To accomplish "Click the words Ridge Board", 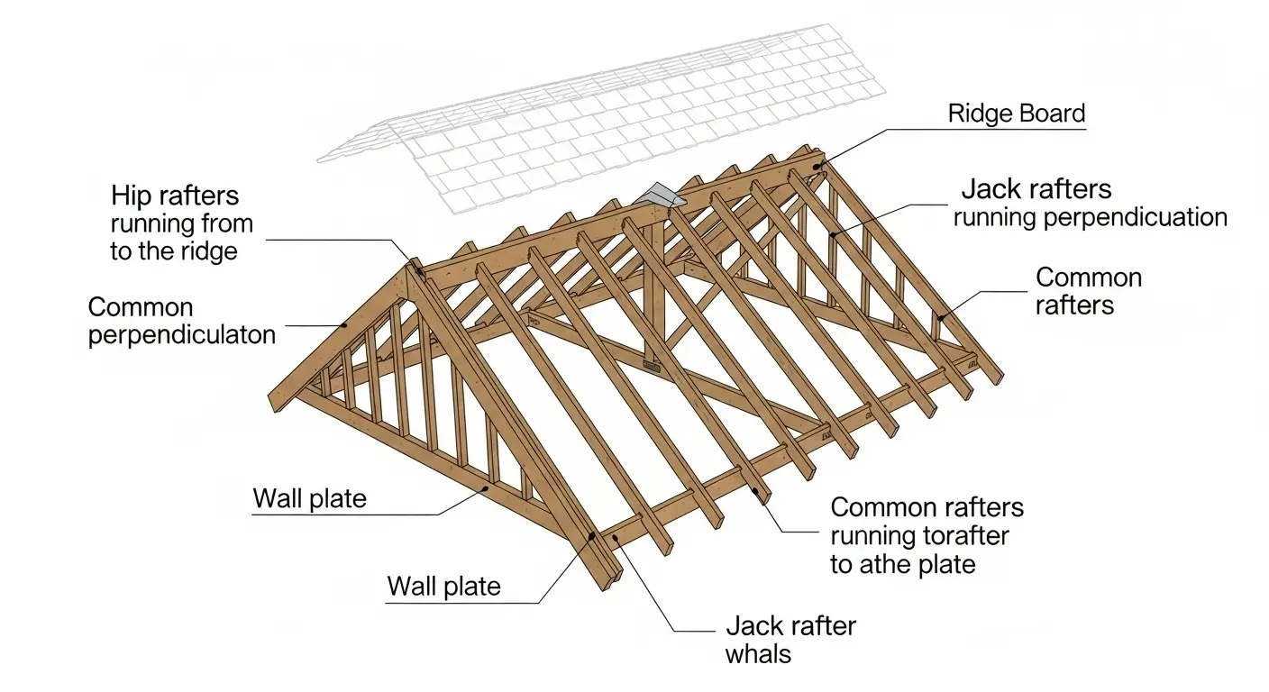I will [1017, 114].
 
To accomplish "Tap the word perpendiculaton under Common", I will [181, 336].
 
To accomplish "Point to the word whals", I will [758, 654].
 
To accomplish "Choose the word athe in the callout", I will [884, 565].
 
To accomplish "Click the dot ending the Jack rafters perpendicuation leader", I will [834, 234].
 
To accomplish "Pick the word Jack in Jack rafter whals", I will [755, 625].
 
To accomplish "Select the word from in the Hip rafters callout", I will [228, 223].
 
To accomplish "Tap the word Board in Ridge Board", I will [1051, 114].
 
